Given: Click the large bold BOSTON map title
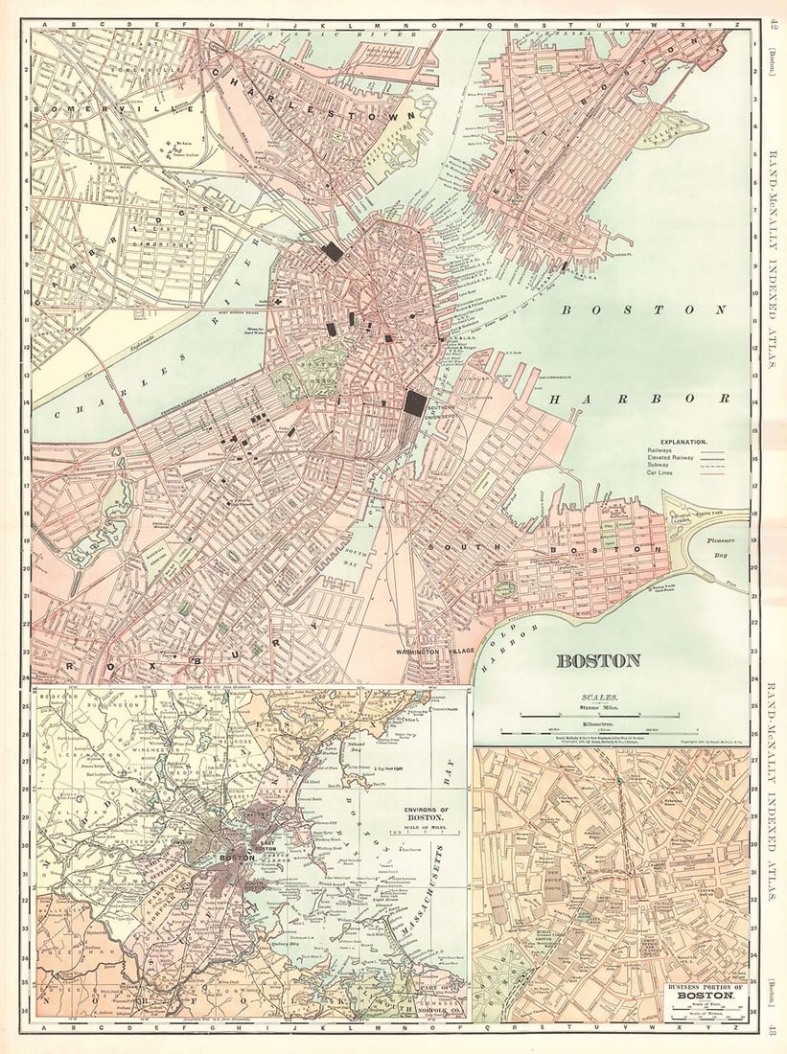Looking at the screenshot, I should coord(598,660).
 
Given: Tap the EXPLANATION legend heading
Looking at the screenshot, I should coord(680,442).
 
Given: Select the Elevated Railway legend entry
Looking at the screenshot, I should coord(671,459).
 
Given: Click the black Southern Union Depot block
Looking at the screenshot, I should coord(415,402).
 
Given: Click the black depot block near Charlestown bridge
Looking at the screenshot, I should coord(332,251).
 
